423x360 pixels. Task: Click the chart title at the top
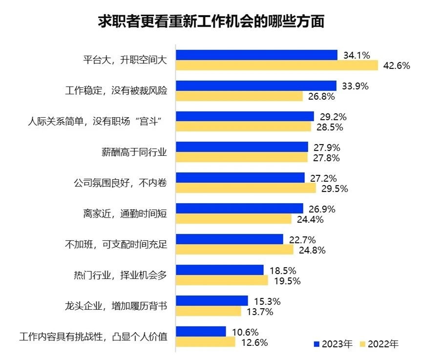click(211, 22)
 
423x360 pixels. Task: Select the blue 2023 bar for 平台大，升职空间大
click(256, 55)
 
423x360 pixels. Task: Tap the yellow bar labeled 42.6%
click(276, 65)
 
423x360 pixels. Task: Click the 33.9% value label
click(355, 86)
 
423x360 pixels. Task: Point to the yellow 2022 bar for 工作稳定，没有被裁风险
click(239, 96)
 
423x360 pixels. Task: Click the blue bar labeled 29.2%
click(245, 116)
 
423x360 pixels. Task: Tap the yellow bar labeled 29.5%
click(246, 188)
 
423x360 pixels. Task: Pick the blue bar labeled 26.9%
click(239, 209)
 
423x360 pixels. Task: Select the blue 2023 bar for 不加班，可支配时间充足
click(229, 239)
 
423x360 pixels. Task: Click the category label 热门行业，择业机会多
click(118, 275)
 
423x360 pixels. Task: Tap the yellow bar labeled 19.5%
click(222, 280)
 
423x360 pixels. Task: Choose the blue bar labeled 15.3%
click(211, 301)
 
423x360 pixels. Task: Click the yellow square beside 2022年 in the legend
click(362, 344)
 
